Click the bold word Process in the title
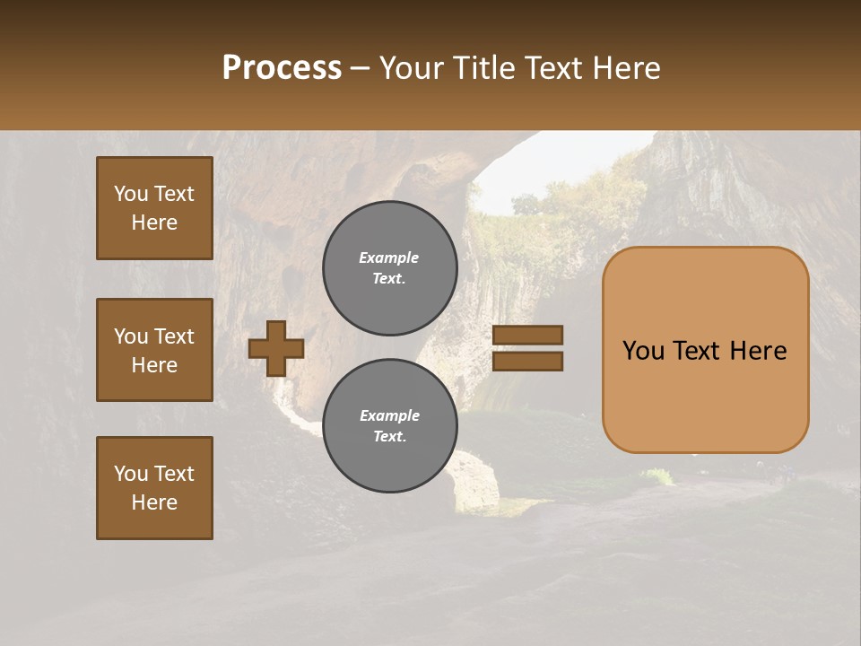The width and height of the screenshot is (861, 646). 282,68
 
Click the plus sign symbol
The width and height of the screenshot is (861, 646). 276,348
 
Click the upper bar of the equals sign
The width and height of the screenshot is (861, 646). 528,335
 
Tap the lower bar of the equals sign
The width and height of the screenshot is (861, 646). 528,361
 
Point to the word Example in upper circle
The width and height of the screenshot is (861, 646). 389,258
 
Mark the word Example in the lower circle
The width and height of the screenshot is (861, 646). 389,415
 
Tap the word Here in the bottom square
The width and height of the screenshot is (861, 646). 154,502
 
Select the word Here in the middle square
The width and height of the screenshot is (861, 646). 154,365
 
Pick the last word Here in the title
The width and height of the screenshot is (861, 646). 627,68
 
